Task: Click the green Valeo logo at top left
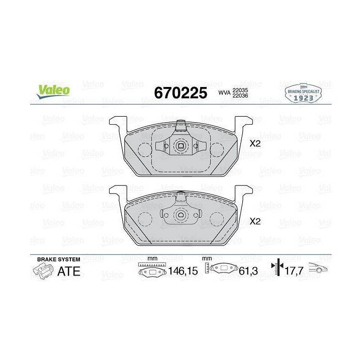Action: [53, 91]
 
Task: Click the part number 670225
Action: [180, 93]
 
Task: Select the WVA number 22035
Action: [240, 90]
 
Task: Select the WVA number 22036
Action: [240, 96]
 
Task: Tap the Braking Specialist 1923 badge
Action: [303, 93]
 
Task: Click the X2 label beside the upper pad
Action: [255, 144]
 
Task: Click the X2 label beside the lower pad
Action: [255, 221]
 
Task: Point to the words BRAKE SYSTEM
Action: [59, 259]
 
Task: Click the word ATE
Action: [69, 271]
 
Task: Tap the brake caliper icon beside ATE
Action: [43, 271]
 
